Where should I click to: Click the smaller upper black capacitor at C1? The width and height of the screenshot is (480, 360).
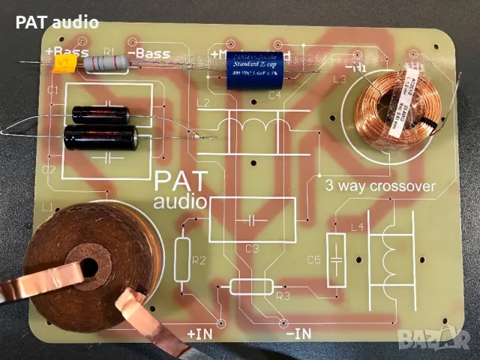(101, 114)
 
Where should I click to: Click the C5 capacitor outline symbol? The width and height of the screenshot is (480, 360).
(337, 256)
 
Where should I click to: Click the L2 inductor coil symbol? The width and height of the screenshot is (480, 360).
(252, 131)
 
